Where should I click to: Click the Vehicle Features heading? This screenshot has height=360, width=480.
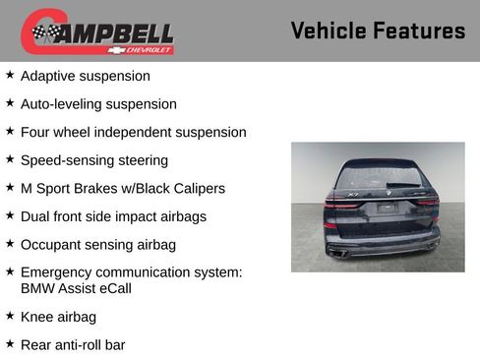click(x=378, y=30)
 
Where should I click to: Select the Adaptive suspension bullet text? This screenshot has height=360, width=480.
click(x=86, y=76)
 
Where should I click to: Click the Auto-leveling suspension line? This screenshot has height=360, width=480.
click(x=98, y=104)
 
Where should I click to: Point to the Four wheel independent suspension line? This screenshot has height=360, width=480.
click(x=133, y=132)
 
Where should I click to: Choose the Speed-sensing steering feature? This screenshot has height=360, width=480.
click(x=94, y=160)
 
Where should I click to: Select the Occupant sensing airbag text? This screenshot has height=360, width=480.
click(x=98, y=244)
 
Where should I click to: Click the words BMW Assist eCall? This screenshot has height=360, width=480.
click(x=76, y=288)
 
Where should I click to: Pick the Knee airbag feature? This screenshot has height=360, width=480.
click(x=59, y=317)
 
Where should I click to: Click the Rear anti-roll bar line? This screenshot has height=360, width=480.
click(x=73, y=345)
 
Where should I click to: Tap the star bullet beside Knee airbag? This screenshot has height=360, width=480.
click(x=10, y=316)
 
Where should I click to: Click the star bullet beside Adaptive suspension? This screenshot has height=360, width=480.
click(x=10, y=75)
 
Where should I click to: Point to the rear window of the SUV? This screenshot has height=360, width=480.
click(x=377, y=178)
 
